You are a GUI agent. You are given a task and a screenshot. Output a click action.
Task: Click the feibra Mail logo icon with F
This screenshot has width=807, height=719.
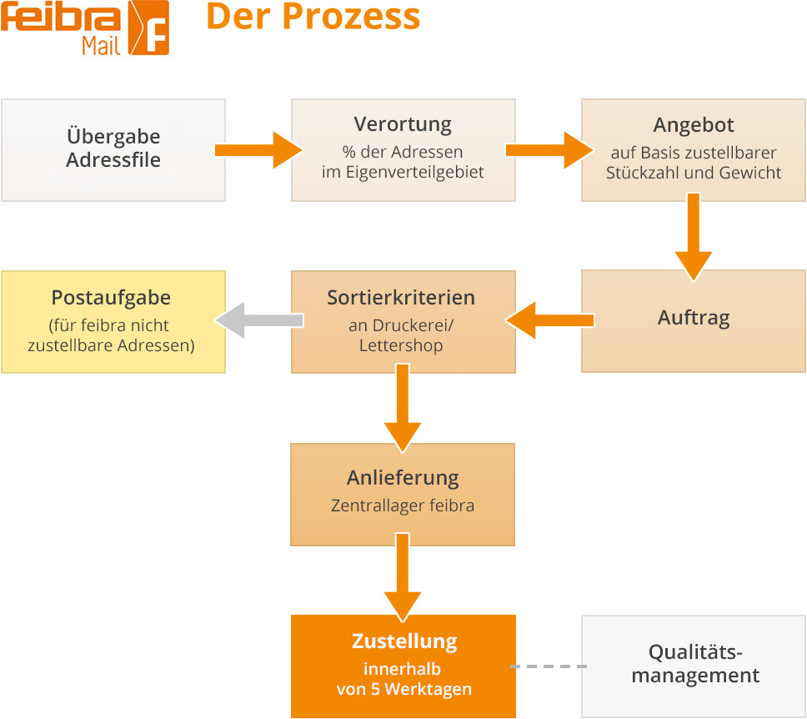(x=148, y=28)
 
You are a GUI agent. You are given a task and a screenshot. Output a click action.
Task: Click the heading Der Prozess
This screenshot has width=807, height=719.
(x=313, y=18)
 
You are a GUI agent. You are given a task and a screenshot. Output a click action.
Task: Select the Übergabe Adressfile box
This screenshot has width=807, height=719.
(x=113, y=149)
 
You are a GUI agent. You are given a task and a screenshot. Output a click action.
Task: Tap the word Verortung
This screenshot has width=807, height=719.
(x=403, y=125)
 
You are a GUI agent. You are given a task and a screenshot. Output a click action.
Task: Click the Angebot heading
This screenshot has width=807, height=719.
(x=694, y=125)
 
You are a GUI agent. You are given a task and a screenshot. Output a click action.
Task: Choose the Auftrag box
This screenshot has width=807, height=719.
(x=694, y=320)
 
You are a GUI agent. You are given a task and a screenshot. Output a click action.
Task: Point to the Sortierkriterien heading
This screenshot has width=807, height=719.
(x=403, y=298)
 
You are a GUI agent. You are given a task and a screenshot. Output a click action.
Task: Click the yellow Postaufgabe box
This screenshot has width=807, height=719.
(x=113, y=321)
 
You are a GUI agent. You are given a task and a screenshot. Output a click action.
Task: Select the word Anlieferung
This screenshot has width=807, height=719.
(x=403, y=478)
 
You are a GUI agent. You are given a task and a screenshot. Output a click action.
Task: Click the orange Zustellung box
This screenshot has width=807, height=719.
(x=403, y=666)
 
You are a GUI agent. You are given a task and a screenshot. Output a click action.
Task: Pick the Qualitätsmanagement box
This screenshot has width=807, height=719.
(x=694, y=666)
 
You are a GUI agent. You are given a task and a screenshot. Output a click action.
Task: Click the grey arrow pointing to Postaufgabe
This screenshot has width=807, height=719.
(x=258, y=321)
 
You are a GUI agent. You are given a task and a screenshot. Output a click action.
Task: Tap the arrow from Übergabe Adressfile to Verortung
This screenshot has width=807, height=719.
(x=258, y=150)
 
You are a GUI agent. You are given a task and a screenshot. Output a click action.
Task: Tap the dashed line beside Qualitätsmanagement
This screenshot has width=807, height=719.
(x=548, y=666)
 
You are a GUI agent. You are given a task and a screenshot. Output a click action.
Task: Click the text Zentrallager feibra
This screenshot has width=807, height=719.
(x=403, y=505)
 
